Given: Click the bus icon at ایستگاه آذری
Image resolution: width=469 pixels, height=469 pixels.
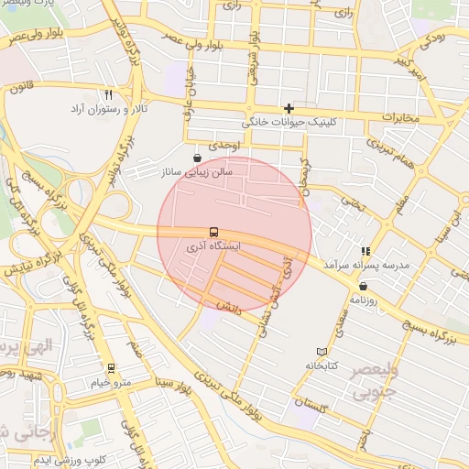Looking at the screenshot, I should point(213,232).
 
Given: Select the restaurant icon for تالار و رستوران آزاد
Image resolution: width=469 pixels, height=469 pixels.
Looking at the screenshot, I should point(109,94).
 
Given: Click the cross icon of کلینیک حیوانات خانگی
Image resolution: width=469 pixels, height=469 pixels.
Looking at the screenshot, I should point(289,108).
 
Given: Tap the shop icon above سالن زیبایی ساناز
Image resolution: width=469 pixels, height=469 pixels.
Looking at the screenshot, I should point(198,158).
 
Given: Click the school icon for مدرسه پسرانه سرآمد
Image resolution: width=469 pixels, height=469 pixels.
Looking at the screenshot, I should point(365,251).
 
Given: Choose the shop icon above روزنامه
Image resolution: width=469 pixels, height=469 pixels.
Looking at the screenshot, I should point(364,286).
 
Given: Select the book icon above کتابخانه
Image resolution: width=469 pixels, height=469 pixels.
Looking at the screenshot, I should point(321,352).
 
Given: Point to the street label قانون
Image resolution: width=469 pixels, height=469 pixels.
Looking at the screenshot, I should point(20,89).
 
